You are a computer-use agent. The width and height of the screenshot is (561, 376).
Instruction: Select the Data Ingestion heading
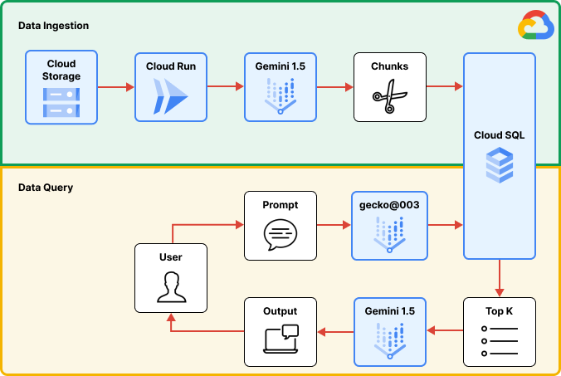pos(53,27)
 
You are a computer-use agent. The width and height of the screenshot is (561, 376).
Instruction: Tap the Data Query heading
pos(46,188)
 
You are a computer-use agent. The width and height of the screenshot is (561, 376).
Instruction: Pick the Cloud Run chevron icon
pos(169,98)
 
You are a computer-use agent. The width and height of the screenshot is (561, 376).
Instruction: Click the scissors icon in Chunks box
pos(388,99)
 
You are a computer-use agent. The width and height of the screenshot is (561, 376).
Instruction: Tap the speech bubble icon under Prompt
pos(280,236)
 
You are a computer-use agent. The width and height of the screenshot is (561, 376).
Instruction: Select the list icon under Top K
pos(499,341)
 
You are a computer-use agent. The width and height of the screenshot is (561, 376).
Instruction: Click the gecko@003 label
pos(390,205)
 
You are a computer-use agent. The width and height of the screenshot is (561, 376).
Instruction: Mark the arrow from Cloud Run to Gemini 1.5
pos(225,86)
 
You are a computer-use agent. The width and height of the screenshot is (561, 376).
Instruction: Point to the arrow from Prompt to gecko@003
pos(334,225)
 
